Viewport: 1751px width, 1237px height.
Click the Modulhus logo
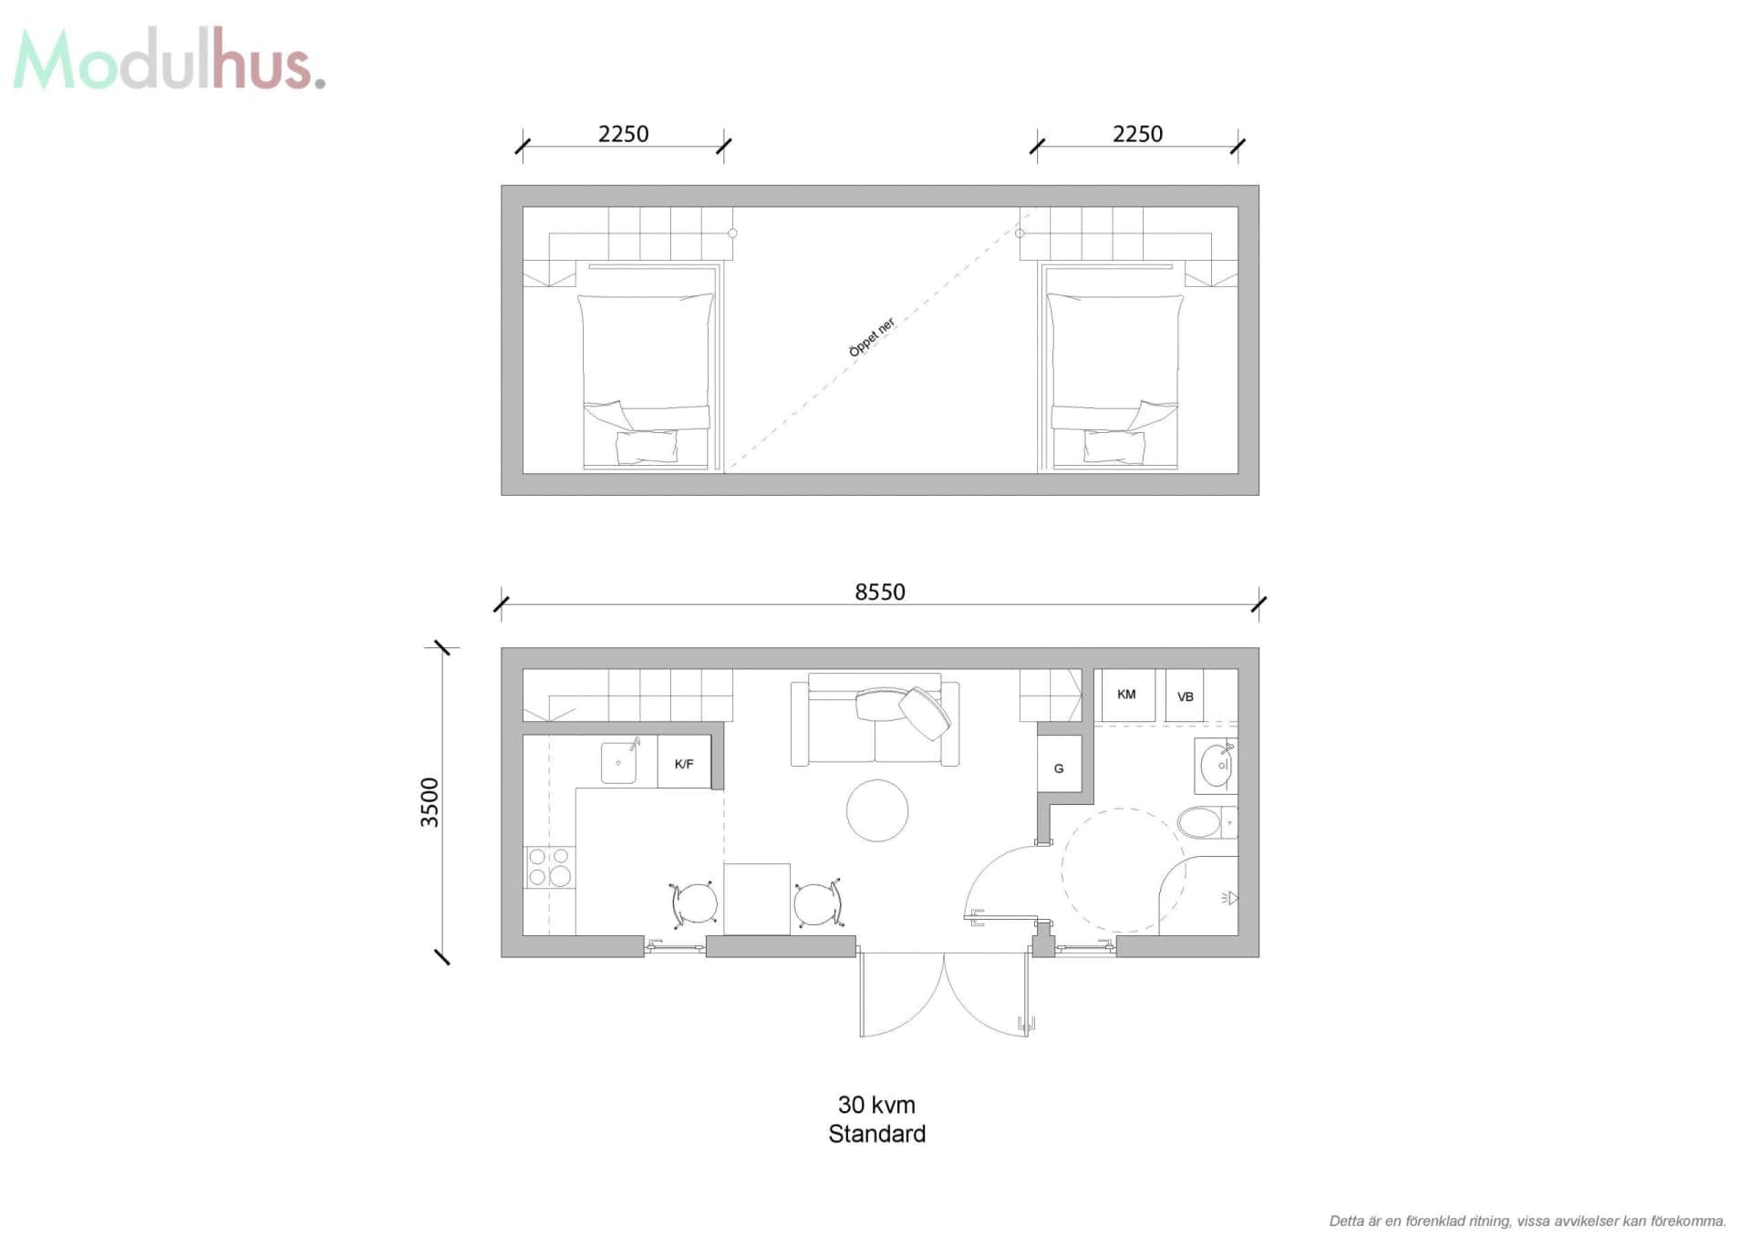(x=169, y=60)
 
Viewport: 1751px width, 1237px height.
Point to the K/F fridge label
(x=684, y=764)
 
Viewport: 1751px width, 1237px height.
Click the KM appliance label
(x=1126, y=695)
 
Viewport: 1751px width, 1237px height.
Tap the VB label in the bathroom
(x=1185, y=697)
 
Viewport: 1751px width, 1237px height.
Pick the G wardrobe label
(x=1059, y=768)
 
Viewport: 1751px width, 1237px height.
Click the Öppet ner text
(x=873, y=337)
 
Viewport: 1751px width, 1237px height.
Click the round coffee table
(x=877, y=810)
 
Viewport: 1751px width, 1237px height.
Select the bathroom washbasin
(x=1217, y=766)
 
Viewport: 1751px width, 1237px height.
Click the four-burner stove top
(x=549, y=867)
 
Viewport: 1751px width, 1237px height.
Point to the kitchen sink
(x=619, y=762)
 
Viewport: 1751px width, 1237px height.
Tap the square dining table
(x=757, y=899)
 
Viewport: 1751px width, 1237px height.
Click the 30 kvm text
(x=876, y=1105)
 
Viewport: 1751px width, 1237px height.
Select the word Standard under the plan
(x=876, y=1134)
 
